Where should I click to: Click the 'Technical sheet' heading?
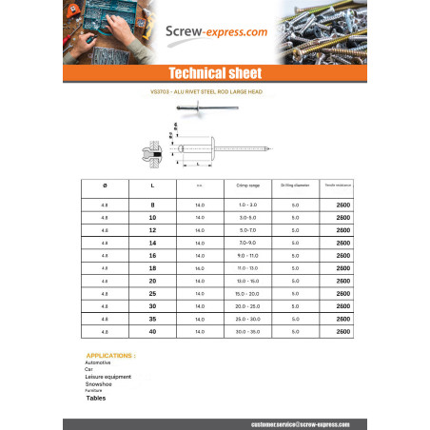coord(214,73)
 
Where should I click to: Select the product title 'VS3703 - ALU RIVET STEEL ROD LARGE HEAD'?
coord(214,92)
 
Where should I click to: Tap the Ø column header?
coord(105,186)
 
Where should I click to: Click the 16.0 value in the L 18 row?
coord(200,269)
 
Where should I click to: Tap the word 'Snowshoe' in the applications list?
coord(98,383)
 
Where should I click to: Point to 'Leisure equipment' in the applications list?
coord(107,377)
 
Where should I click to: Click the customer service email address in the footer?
coord(295,422)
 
